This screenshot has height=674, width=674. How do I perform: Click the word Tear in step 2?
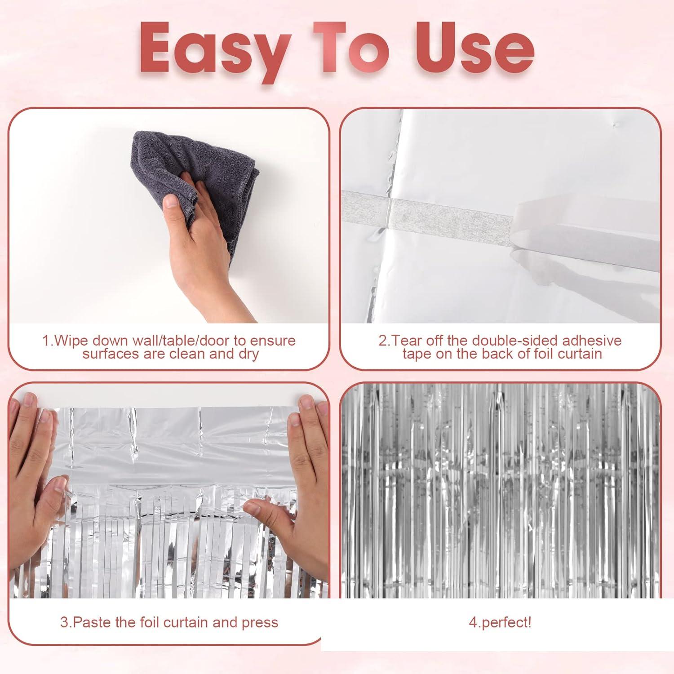coord(407,341)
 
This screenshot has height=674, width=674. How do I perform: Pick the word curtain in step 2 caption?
coord(580,354)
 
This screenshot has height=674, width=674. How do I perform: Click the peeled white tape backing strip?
coord(584,234)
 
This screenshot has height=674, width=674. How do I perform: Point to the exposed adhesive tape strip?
coord(449,216)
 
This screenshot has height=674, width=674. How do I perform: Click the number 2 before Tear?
coord(382,341)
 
